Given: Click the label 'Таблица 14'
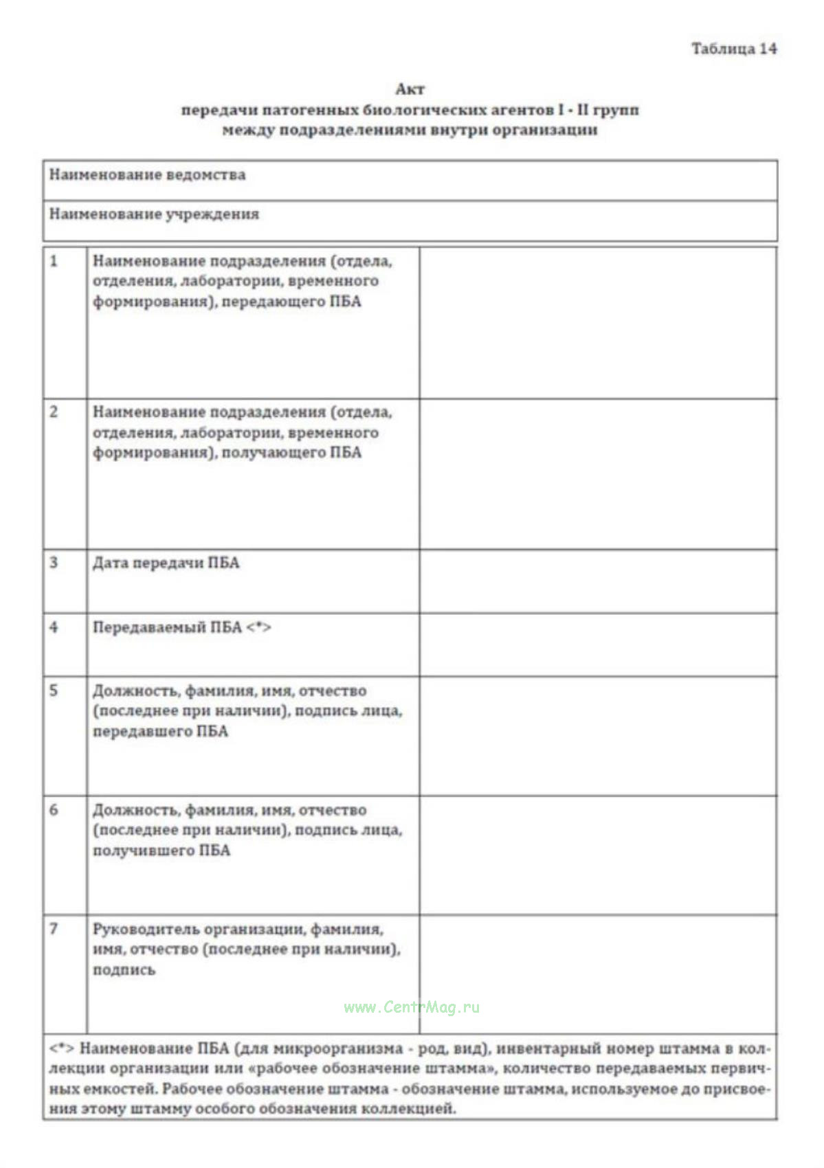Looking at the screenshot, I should point(733,49).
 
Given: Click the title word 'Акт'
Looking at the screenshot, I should point(410,89).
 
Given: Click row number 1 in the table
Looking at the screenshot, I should point(54,261).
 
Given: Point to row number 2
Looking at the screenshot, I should point(54,412).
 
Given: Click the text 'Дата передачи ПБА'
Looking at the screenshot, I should point(166,563).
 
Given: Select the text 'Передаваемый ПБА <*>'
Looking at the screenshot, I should point(182,627).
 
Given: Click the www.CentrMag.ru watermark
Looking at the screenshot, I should point(412,1007).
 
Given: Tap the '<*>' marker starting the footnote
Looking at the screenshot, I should point(61,1048).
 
